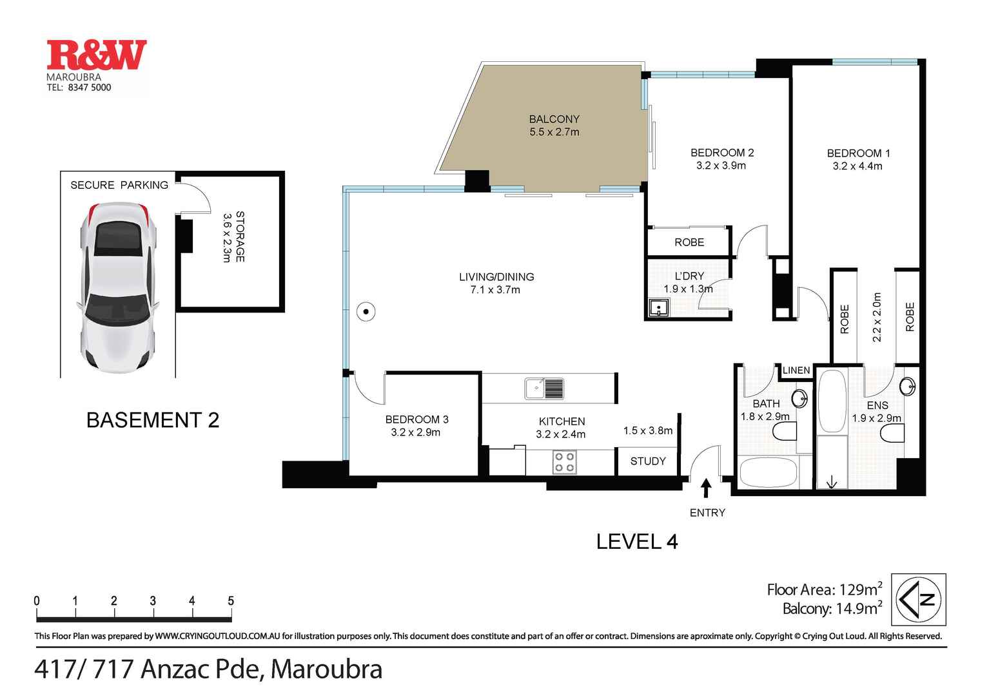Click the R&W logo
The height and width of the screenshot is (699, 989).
97,55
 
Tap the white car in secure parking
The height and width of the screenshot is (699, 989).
117,287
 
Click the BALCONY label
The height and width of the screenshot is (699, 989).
554,119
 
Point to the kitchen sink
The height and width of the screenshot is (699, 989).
544,388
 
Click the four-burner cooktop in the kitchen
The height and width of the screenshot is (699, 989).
565,462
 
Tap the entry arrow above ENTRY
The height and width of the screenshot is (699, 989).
706,488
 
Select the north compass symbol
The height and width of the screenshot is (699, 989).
918,599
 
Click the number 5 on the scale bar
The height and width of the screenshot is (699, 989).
230,601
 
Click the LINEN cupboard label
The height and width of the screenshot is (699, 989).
796,370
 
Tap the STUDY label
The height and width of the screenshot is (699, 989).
648,461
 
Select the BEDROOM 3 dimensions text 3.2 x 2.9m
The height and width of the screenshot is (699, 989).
415,432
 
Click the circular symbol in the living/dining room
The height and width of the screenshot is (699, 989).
366,312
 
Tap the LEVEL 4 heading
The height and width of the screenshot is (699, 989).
636,542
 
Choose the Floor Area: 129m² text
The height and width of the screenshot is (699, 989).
824,589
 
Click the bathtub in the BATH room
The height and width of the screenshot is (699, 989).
767,472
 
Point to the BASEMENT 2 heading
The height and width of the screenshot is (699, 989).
153,420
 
